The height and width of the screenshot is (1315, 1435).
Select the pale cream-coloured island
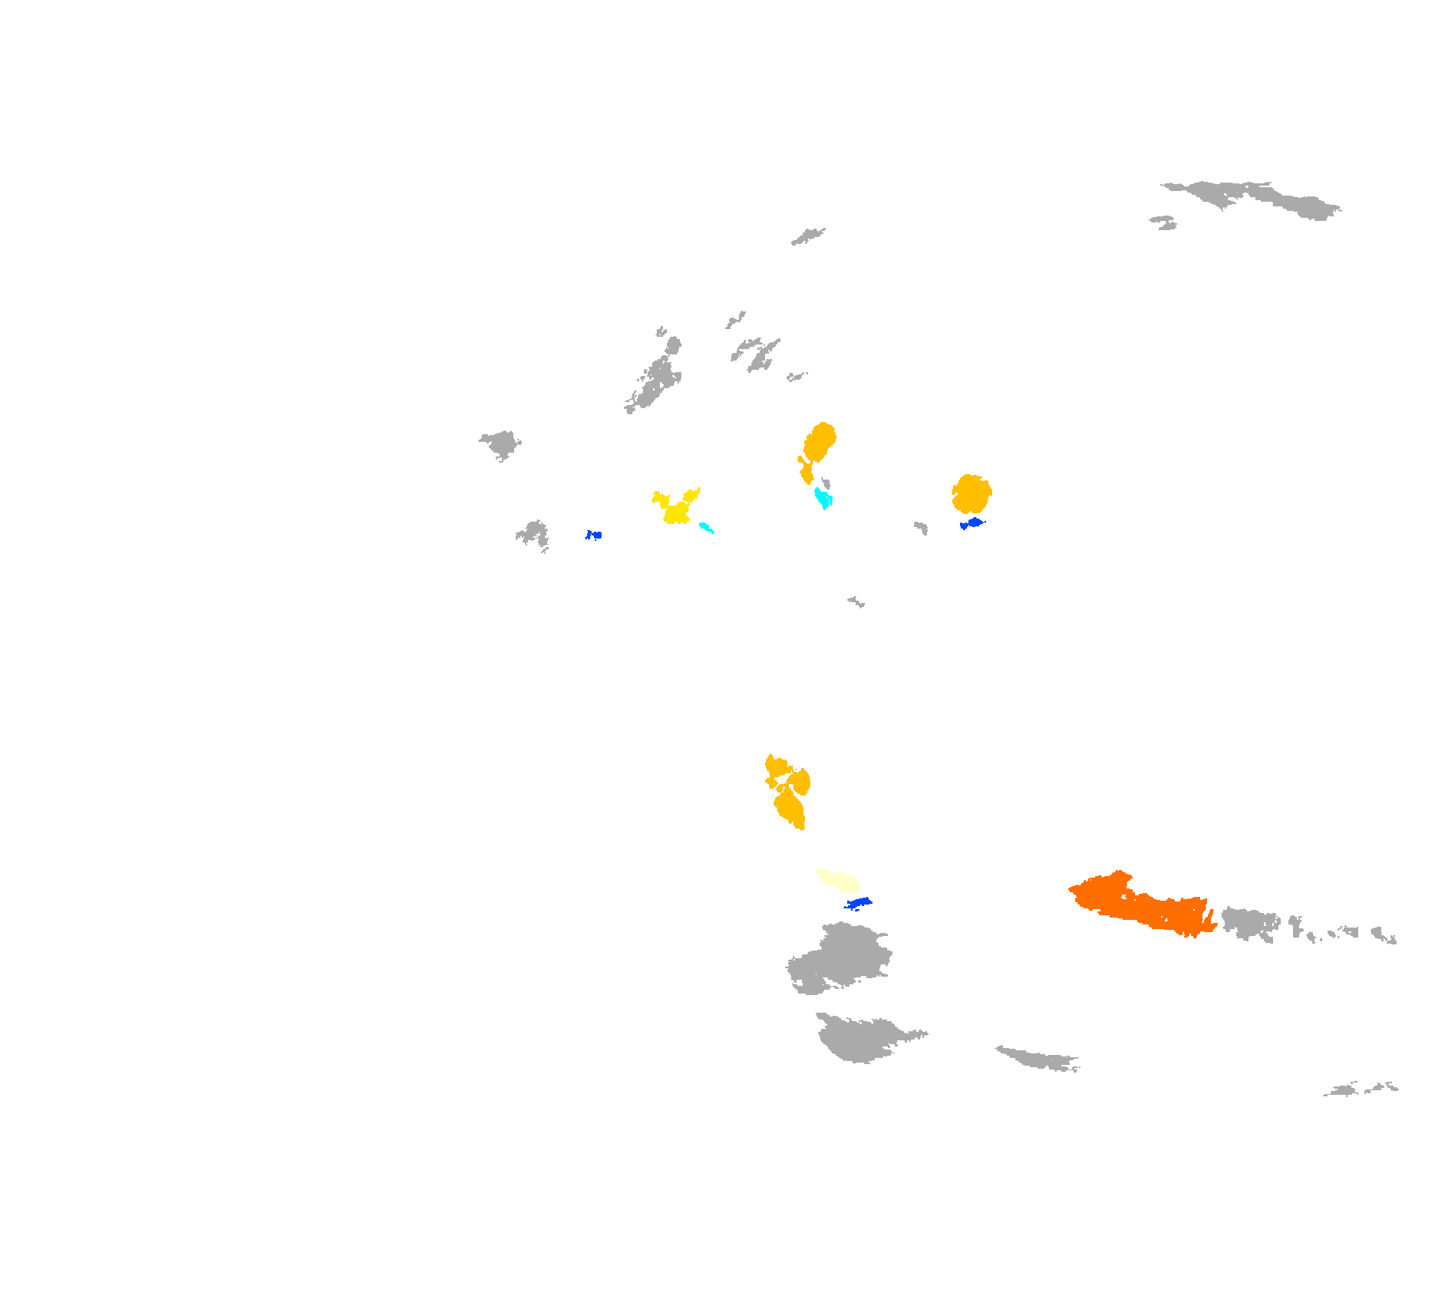coord(839,879)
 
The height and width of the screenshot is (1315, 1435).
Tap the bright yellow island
coord(676,509)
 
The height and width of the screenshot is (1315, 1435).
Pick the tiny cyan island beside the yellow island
coord(705,527)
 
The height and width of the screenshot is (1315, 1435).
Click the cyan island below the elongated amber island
coord(823,499)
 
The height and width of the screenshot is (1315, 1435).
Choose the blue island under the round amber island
coord(973,523)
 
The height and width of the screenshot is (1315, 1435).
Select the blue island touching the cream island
coord(859,902)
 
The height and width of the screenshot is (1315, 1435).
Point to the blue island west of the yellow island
coord(594,535)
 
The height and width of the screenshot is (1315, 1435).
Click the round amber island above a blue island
coord(972,494)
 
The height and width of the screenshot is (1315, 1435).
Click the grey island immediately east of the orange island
coord(1249,922)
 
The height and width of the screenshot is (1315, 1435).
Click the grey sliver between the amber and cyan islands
coord(826,483)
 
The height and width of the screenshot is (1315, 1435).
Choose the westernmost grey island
coord(500,443)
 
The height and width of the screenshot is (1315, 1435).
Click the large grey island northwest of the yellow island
coord(656,380)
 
